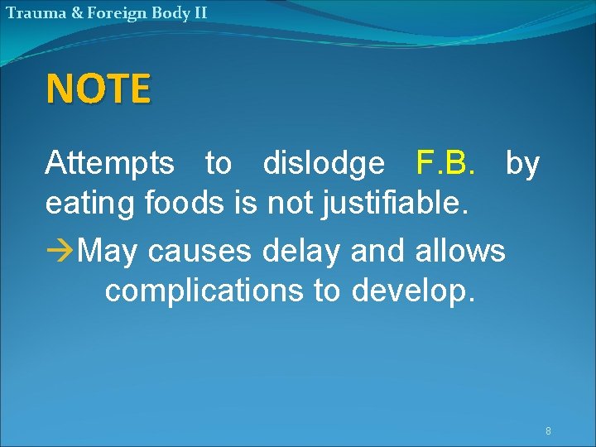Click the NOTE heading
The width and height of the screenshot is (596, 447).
pos(99,89)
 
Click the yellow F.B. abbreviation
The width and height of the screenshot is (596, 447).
pos(446,164)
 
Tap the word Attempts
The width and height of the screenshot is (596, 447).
pos(109,164)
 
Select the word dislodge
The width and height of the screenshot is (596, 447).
pos(324,164)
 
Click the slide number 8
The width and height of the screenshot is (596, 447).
pos(548,431)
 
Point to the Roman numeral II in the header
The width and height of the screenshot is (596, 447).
pos(199,12)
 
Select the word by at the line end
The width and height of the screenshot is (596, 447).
pos(522,164)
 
